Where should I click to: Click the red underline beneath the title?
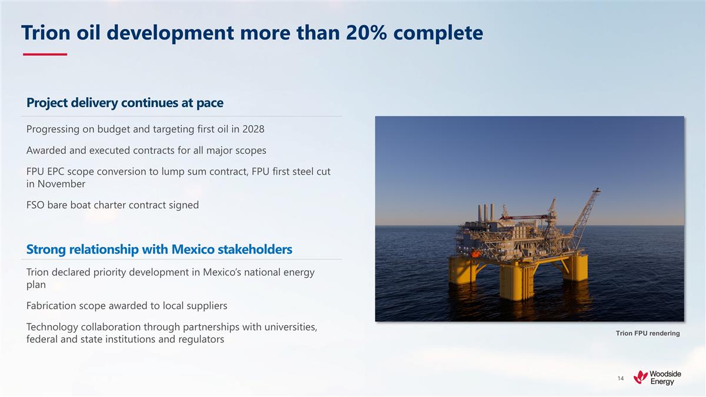45,55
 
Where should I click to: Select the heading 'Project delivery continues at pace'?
125,103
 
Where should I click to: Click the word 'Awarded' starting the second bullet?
48,150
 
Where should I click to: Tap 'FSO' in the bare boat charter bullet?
36,205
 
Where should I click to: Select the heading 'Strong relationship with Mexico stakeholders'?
159,249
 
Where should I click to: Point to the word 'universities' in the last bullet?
288,327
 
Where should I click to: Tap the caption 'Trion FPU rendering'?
647,333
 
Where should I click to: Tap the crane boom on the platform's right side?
585,212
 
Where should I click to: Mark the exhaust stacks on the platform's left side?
485,213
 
